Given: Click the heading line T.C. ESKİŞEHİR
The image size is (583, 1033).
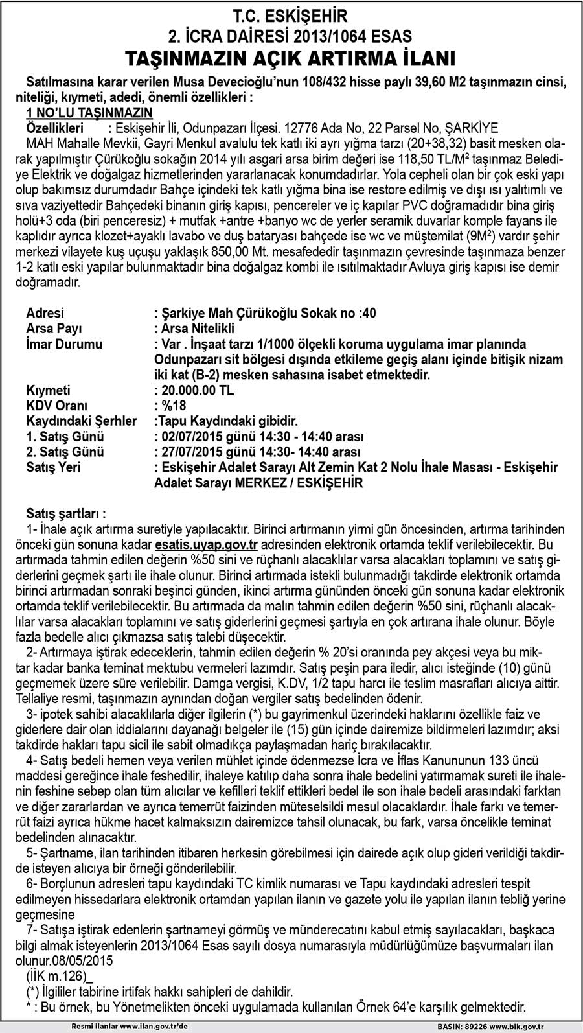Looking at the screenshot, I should pos(291,16).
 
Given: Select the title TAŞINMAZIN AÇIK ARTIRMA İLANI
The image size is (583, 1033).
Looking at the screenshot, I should pos(291,58).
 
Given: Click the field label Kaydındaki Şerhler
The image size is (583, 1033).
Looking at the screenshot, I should pos(81,422).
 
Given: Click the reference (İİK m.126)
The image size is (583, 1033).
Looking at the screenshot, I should pos(56,976).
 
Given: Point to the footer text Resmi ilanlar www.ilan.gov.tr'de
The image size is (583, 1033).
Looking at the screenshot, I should pos(130,1027).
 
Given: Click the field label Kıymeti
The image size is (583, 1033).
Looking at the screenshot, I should pos(49,391).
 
